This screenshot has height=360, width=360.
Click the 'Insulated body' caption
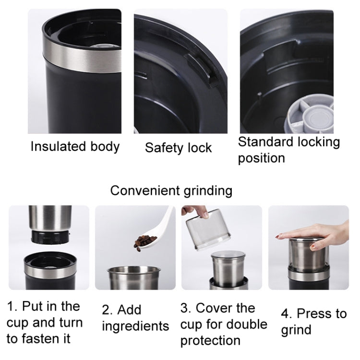click(x=75, y=146)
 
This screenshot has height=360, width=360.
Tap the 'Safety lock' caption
click(x=178, y=148)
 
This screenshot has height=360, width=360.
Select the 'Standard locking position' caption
click(x=288, y=150)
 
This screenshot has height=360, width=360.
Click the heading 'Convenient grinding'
click(x=171, y=191)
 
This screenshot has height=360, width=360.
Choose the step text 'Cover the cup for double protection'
click(x=224, y=324)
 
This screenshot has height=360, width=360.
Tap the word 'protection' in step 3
click(x=210, y=340)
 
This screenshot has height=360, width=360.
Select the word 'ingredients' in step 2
click(x=135, y=326)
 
